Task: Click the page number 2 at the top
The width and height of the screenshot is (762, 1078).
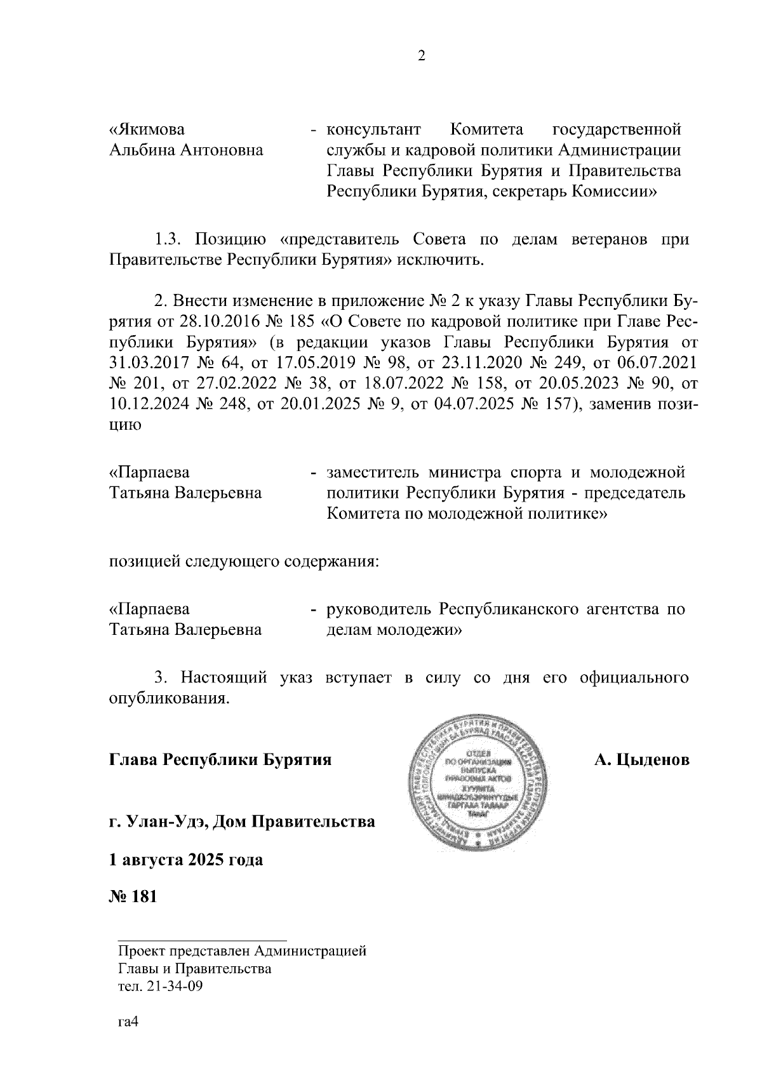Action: coord(421,56)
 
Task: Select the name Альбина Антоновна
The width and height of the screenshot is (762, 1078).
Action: coord(187,150)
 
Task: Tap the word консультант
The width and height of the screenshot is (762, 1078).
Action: coord(373,130)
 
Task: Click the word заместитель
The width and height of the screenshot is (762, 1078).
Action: coord(372,472)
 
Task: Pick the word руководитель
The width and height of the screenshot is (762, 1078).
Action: coord(378,609)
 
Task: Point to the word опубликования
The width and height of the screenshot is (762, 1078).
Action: coord(168,698)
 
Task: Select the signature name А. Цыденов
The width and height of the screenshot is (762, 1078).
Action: coord(641,760)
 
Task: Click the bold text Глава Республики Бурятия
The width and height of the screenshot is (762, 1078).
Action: coord(220,760)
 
